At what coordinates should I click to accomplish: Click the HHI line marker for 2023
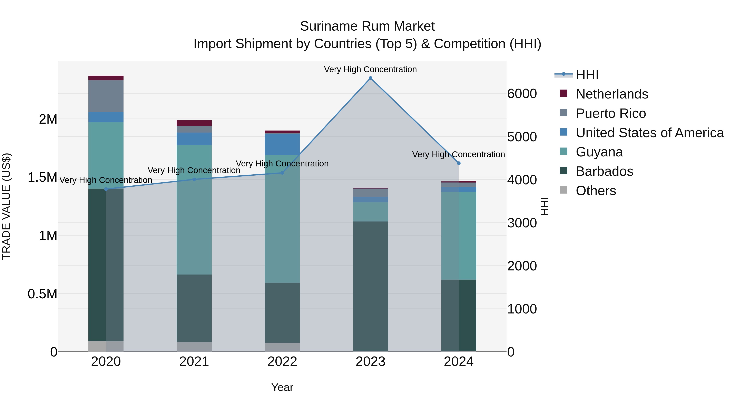click(x=370, y=78)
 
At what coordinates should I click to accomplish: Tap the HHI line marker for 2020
click(x=106, y=189)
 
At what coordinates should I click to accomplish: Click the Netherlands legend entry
click(x=611, y=94)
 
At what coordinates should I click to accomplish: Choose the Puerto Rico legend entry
click(x=611, y=113)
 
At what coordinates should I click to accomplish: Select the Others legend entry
click(x=596, y=191)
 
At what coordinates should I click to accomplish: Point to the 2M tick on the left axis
click(x=48, y=119)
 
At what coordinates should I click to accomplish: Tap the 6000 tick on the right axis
click(x=522, y=94)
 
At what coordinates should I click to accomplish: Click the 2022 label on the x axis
click(x=282, y=362)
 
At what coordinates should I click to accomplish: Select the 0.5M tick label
click(x=42, y=294)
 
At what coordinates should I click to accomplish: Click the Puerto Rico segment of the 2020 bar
click(x=106, y=96)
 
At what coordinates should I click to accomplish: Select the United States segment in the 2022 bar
click(x=282, y=144)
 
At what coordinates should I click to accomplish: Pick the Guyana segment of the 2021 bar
click(x=194, y=209)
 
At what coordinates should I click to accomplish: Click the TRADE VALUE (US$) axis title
click(x=6, y=206)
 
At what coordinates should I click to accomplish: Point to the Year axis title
click(x=282, y=387)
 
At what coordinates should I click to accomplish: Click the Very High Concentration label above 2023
click(x=370, y=70)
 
